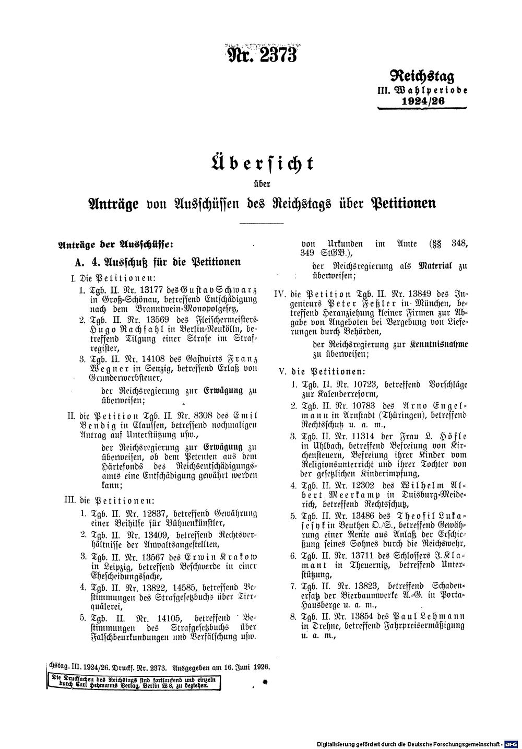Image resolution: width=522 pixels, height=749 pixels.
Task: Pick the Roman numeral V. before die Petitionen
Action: pos(284,372)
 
